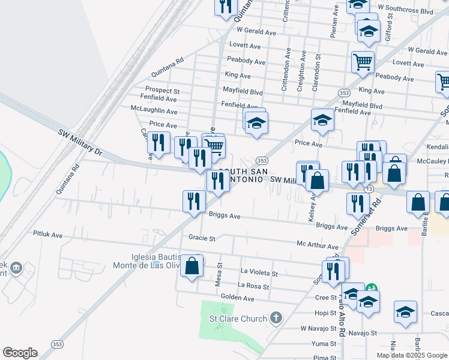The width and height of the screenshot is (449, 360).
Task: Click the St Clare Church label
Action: coord(237,318)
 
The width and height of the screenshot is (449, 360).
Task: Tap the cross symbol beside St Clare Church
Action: coord(276,317)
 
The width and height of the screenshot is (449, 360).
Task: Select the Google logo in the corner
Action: coord(20,353)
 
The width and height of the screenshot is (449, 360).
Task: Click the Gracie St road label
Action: coord(202,238)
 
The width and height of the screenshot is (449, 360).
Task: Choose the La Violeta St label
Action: coord(259,273)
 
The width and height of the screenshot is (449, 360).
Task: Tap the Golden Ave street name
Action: coord(239,298)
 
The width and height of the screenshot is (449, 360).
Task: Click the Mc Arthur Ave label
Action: coord(318,246)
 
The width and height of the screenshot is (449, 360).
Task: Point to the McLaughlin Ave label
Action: coord(154,111)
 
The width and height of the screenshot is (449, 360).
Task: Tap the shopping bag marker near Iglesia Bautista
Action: coord(191,267)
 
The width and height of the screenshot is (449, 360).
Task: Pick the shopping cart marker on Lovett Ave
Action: coord(363,61)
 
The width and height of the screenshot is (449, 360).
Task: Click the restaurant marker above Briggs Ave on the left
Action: coord(193,201)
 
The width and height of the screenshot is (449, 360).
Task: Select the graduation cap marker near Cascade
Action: coord(405,312)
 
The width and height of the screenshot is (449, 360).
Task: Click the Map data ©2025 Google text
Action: coord(412,355)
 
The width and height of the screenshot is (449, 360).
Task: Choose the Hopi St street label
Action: coord(327,313)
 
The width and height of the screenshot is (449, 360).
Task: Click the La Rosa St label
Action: coord(253,286)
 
